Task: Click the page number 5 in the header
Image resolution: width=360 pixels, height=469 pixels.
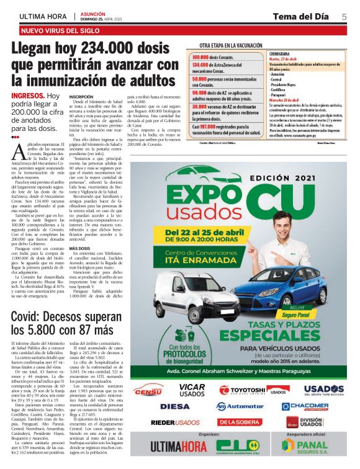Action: pos(344,16)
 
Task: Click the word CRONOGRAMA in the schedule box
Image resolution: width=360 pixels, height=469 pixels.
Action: pos(281,54)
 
